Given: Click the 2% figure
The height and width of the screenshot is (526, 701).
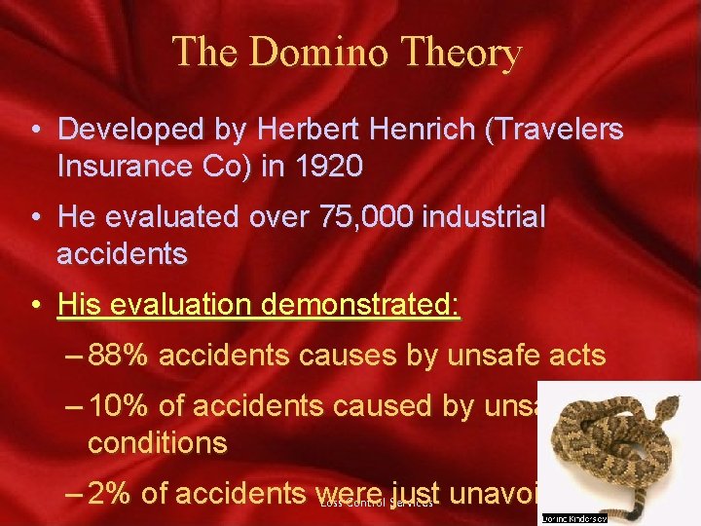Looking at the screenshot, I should (x=110, y=494).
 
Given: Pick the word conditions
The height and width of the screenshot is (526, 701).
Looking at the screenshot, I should (x=158, y=443).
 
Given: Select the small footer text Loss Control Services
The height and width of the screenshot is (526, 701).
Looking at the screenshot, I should (x=375, y=504).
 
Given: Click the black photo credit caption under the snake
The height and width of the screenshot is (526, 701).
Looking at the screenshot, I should (x=573, y=519).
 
